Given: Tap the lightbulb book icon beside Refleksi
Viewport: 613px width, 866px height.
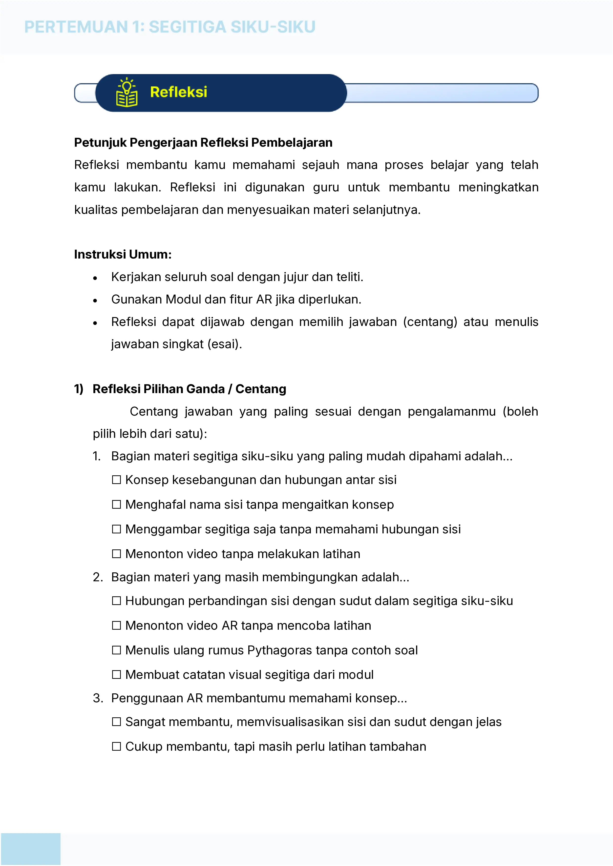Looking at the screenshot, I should coord(127,93).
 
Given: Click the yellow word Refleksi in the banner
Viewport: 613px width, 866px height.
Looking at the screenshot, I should coord(179,92).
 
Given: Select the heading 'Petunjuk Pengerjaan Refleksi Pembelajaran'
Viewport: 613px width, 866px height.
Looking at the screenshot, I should coord(203,142).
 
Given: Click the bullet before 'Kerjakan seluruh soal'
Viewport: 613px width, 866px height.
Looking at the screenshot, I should coord(95,278).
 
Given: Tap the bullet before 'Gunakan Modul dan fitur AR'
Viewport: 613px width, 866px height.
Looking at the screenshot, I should coord(95,301).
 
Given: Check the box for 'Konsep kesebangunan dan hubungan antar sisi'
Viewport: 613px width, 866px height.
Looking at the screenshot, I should coord(117,480).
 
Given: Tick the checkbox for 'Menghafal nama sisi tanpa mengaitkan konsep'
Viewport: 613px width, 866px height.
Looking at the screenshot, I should coord(117,505).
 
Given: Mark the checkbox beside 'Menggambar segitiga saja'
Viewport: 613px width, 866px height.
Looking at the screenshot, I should coord(117,529).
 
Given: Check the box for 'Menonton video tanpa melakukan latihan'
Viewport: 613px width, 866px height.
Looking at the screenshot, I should coord(117,554).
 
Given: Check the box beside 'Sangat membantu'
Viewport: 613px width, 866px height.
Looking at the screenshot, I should coord(117,722).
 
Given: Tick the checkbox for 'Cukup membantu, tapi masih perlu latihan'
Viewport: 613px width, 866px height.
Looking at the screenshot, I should coord(117,746).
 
